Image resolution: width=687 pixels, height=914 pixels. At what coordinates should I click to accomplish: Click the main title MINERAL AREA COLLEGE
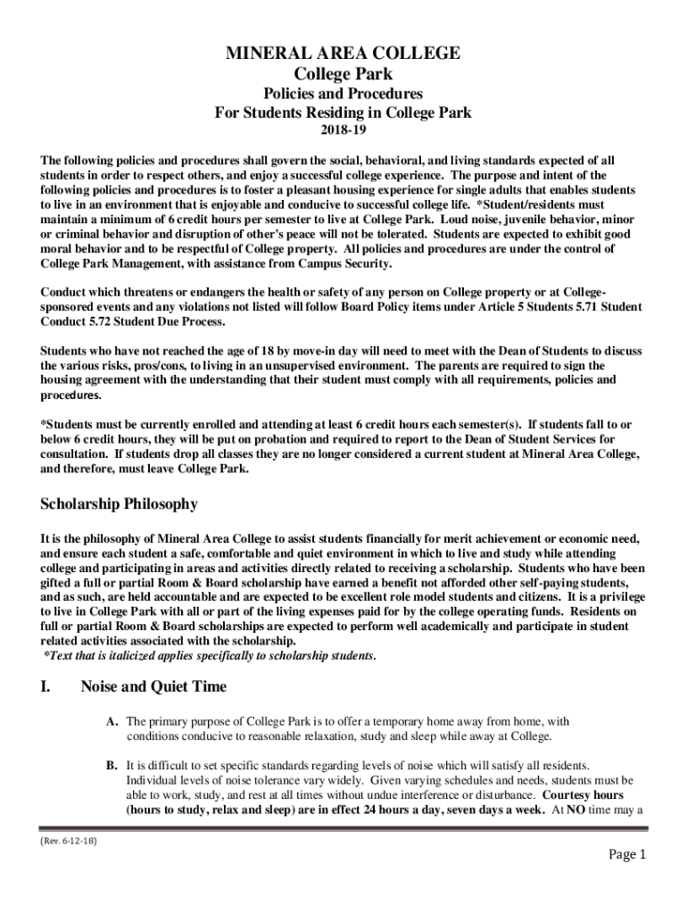pyautogui.click(x=343, y=54)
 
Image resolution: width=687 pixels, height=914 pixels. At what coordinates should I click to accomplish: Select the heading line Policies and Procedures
pyautogui.click(x=343, y=94)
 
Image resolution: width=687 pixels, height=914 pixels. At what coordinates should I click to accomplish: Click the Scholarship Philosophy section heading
pyautogui.click(x=119, y=504)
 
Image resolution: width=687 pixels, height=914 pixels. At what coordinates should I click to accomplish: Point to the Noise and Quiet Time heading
pyautogui.click(x=153, y=686)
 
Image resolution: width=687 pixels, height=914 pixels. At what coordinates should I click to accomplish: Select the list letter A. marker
pyautogui.click(x=112, y=721)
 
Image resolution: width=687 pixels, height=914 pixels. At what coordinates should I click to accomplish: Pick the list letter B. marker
pyautogui.click(x=112, y=765)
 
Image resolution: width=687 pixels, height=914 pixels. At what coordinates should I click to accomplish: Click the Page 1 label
pyautogui.click(x=627, y=855)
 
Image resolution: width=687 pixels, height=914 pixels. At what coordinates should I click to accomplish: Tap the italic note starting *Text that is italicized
pyautogui.click(x=210, y=656)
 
